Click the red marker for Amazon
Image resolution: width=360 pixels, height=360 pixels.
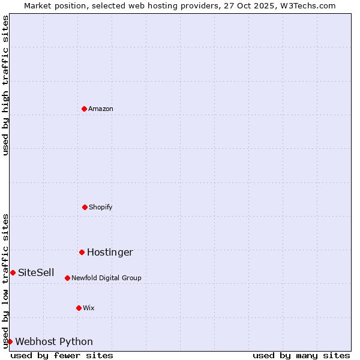click(84, 109)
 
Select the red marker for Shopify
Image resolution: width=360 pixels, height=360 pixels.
click(85, 207)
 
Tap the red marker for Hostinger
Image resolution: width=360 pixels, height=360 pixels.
click(82, 252)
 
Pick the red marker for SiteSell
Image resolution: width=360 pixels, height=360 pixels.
click(13, 272)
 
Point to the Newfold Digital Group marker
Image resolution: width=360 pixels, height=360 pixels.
click(67, 278)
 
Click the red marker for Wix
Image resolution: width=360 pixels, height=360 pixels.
click(79, 308)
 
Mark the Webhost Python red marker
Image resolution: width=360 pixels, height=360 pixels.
click(10, 341)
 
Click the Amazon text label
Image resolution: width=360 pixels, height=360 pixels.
click(101, 109)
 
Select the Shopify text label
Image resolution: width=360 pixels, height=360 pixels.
click(101, 207)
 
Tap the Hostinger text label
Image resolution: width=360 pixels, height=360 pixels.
click(110, 252)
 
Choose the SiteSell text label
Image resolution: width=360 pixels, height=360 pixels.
click(36, 272)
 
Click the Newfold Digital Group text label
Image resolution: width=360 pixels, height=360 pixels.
click(106, 278)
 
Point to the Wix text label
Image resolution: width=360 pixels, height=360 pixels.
click(89, 308)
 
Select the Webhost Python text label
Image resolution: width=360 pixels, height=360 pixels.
click(54, 341)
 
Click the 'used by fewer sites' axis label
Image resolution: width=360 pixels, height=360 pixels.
click(62, 355)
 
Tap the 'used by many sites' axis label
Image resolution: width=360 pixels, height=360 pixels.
click(301, 355)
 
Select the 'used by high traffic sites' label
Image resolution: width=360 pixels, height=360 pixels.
click(5, 85)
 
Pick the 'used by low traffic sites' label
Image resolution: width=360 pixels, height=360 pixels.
click(5, 280)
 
